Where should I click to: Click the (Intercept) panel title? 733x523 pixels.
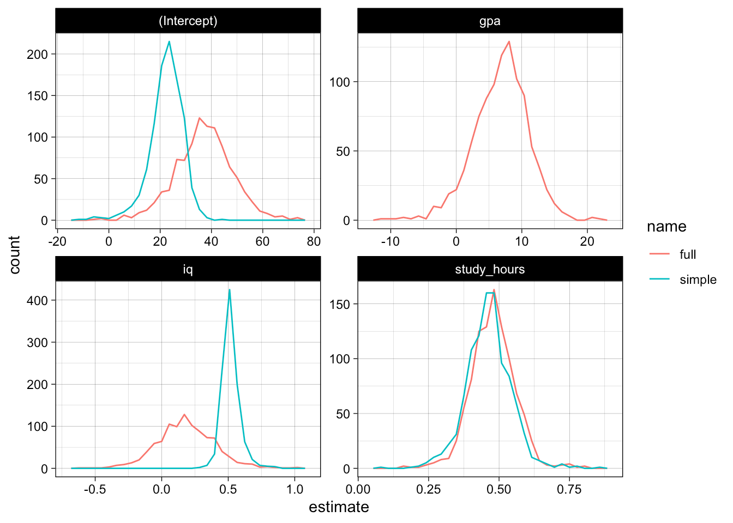pyautogui.click(x=188, y=21)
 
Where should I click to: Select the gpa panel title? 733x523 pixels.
pyautogui.click(x=489, y=21)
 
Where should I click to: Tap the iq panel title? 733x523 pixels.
pyautogui.click(x=188, y=269)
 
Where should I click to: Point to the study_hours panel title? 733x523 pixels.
pyautogui.click(x=489, y=269)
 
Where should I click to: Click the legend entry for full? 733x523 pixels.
pyautogui.click(x=687, y=254)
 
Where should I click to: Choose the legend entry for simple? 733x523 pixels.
pyautogui.click(x=698, y=279)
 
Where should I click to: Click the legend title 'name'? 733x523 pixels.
pyautogui.click(x=666, y=227)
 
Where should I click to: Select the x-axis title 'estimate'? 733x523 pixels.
pyautogui.click(x=339, y=507)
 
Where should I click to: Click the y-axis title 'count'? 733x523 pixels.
pyautogui.click(x=15, y=254)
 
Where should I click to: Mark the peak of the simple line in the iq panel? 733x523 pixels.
pyautogui.click(x=230, y=289)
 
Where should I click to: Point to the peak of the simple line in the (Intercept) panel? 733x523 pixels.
pyautogui.click(x=169, y=41)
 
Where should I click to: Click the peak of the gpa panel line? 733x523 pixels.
pyautogui.click(x=509, y=41)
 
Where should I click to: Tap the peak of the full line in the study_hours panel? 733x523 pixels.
pyautogui.click(x=494, y=290)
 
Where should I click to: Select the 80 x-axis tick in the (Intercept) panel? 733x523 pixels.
pyautogui.click(x=314, y=241)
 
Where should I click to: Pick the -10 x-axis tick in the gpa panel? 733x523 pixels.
pyautogui.click(x=390, y=241)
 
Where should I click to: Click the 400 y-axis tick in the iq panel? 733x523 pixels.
pyautogui.click(x=37, y=300)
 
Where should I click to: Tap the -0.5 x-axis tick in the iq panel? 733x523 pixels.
pyautogui.click(x=95, y=489)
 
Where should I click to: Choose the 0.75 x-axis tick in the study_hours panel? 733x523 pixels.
pyautogui.click(x=569, y=489)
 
